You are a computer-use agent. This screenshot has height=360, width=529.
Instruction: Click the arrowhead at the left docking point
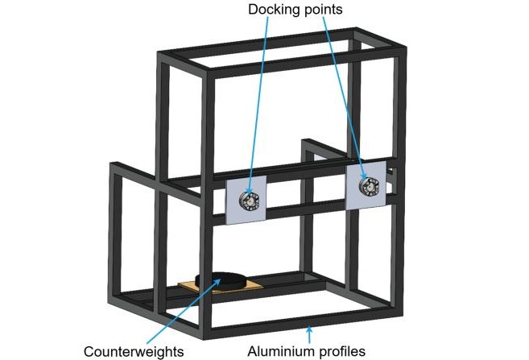pos(247,196)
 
